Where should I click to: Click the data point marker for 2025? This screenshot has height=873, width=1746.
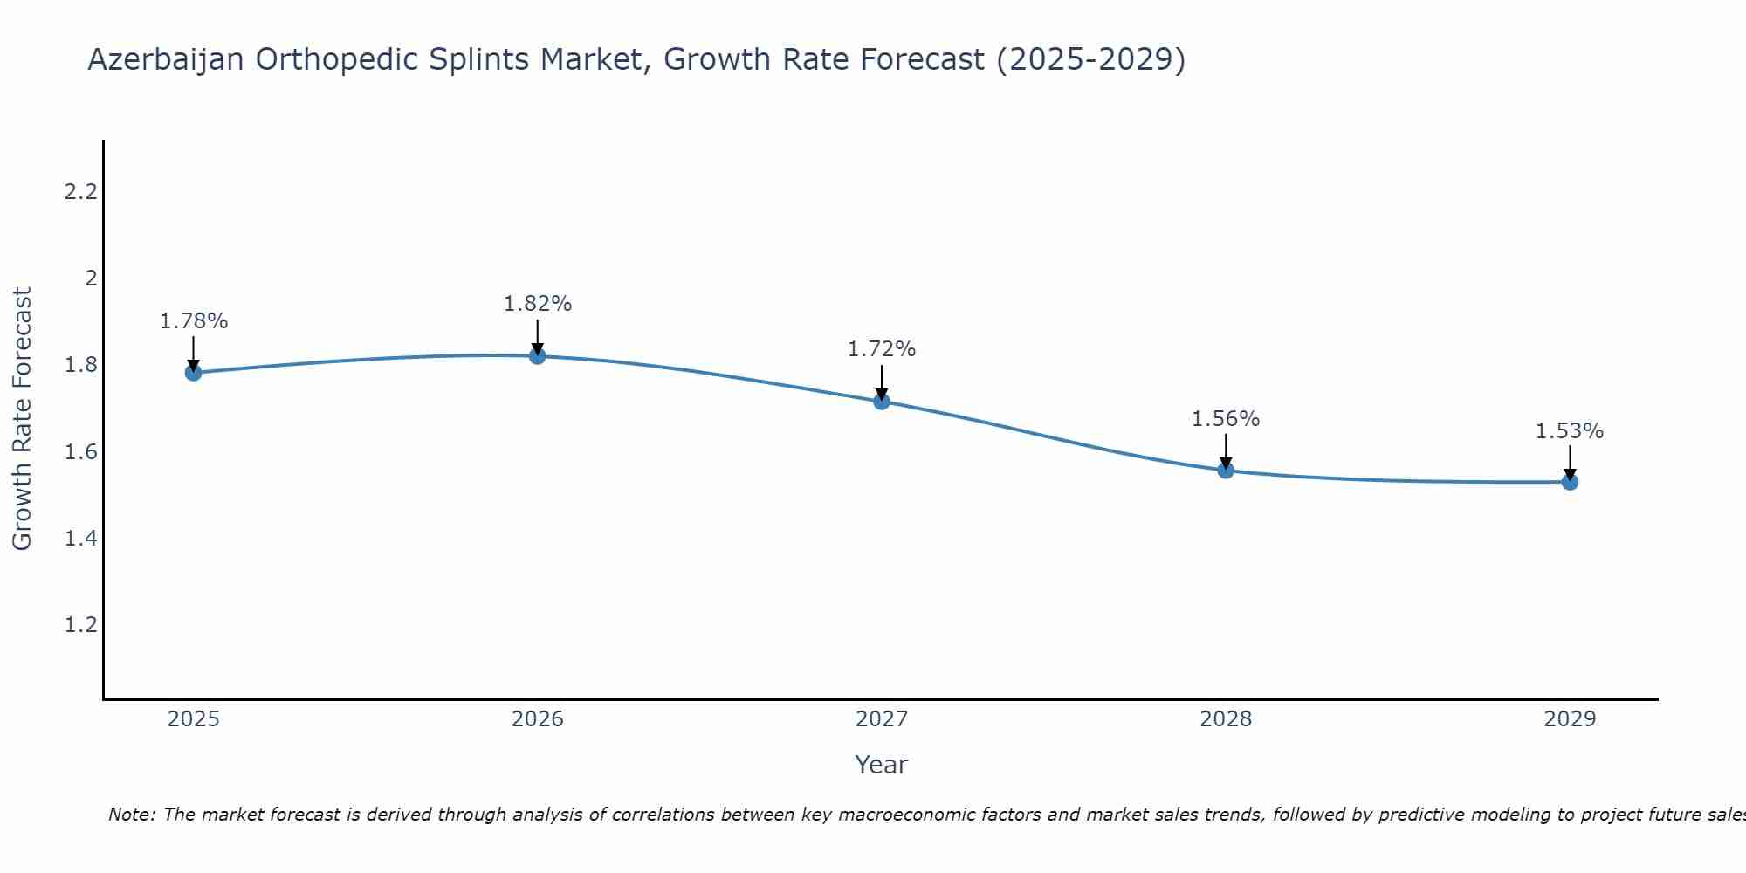[194, 373]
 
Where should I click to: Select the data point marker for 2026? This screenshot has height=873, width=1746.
[538, 356]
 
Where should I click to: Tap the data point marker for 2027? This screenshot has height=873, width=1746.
[882, 402]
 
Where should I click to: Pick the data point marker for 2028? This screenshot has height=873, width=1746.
[1226, 471]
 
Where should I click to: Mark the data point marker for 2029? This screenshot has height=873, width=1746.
[1570, 482]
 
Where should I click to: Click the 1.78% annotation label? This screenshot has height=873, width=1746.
[194, 321]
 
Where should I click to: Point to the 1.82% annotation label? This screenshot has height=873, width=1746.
[538, 304]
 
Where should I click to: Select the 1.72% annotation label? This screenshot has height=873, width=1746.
[882, 349]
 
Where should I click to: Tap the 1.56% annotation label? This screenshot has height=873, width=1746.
[1226, 419]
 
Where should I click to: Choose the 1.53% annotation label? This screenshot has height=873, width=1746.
[1570, 431]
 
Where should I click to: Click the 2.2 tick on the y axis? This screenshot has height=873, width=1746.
[80, 192]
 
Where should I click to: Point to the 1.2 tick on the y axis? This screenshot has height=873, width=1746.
[80, 625]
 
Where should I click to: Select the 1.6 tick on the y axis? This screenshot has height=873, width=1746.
[80, 452]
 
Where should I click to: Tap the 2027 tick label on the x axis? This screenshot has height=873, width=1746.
[882, 719]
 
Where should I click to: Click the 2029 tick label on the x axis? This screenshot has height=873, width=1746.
[1570, 719]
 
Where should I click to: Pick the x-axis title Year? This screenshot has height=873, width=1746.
[882, 765]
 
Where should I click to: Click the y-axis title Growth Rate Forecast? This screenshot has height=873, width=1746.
[22, 419]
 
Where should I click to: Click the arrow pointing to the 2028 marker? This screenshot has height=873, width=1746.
[1226, 450]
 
